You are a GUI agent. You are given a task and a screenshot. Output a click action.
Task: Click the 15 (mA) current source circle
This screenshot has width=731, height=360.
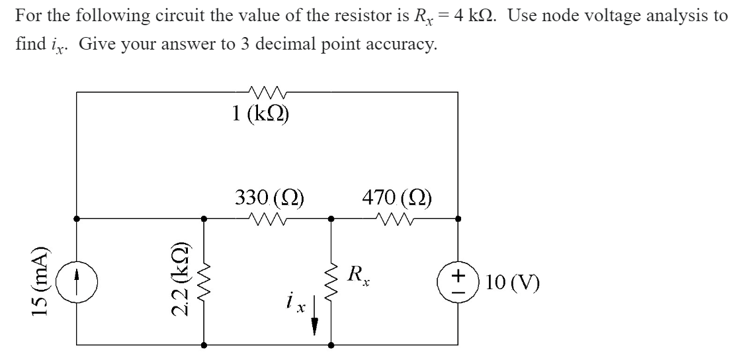click(77, 281)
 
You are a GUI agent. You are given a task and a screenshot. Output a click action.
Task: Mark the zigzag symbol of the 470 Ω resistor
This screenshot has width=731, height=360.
click(395, 217)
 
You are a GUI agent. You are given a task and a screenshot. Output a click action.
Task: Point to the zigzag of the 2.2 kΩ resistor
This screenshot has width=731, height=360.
click(204, 281)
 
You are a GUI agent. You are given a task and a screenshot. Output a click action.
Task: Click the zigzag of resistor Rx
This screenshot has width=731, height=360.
click(331, 281)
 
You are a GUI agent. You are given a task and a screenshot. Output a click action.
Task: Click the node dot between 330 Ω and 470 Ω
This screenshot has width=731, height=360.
click(331, 217)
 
